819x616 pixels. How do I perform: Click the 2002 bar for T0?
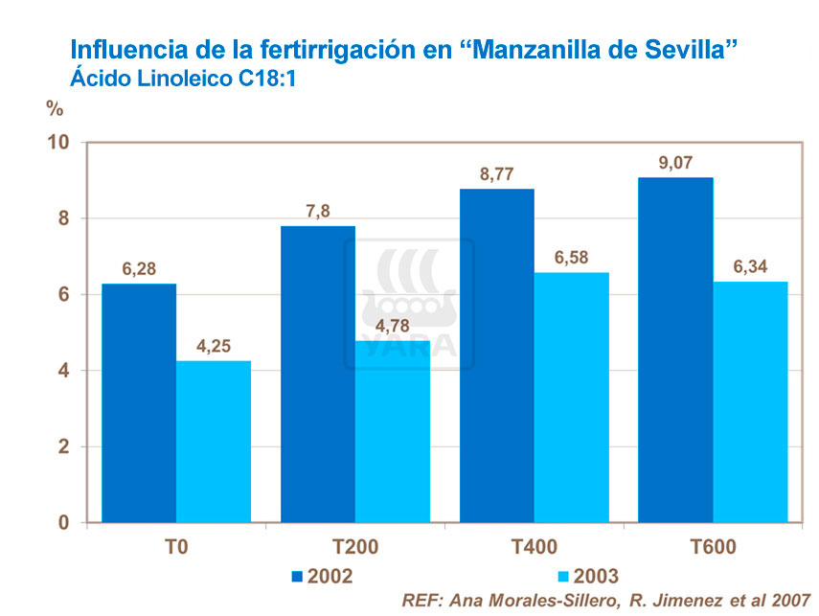point(138,402)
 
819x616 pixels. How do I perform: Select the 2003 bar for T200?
point(393,431)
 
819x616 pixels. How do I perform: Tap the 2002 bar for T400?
point(496,354)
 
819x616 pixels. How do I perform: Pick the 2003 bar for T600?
point(750,402)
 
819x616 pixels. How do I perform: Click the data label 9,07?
point(675,163)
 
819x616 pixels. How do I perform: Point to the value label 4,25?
point(214,347)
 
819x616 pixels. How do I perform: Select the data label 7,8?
point(317,211)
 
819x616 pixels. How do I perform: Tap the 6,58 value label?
point(571,258)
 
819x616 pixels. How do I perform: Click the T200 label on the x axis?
point(355,549)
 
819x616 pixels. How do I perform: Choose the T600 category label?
point(713,549)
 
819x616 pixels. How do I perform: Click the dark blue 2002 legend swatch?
point(297,576)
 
